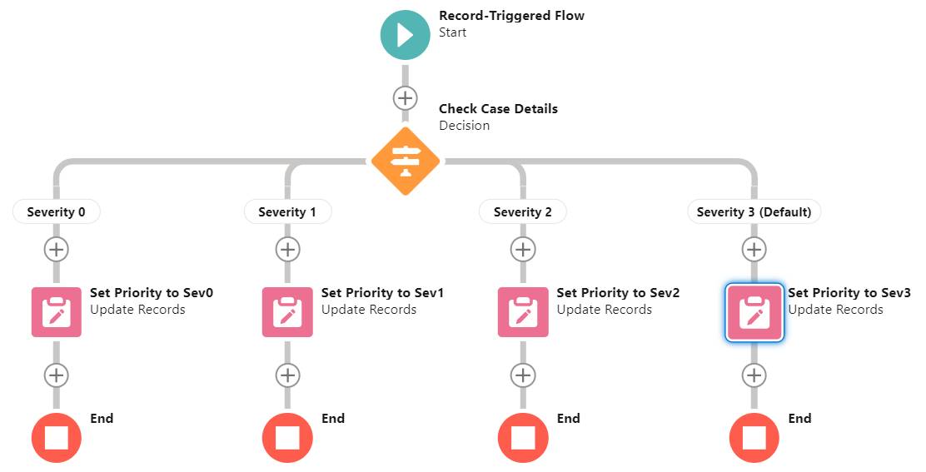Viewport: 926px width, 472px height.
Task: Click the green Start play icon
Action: [x=405, y=35]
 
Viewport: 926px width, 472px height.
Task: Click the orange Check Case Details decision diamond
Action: [x=405, y=161]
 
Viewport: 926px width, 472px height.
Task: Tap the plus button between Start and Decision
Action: [x=405, y=97]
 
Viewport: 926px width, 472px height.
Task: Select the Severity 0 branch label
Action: [x=56, y=212]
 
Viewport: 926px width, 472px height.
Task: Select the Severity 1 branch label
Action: [x=287, y=212]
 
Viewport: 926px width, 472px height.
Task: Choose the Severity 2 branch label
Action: [x=522, y=212]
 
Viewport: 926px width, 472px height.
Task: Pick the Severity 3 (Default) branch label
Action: [x=754, y=212]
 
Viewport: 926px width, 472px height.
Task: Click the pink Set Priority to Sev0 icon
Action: [x=56, y=312]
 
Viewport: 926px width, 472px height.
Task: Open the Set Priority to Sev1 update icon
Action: [x=287, y=312]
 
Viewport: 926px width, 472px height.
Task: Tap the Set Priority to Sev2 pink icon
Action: [x=522, y=312]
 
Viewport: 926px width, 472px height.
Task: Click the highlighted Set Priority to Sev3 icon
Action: [x=754, y=312]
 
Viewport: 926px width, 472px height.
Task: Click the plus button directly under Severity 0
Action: [x=56, y=249]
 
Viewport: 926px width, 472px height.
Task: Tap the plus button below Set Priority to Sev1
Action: [x=287, y=375]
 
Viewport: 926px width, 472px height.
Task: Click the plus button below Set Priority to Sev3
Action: [x=754, y=375]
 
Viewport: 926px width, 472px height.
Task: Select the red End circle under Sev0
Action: [x=56, y=437]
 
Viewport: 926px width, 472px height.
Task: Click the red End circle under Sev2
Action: [x=522, y=437]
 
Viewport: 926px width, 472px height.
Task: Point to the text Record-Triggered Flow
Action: [x=511, y=16]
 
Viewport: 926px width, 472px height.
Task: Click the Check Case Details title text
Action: [x=498, y=109]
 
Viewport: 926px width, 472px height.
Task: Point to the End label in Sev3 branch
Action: [x=799, y=419]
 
